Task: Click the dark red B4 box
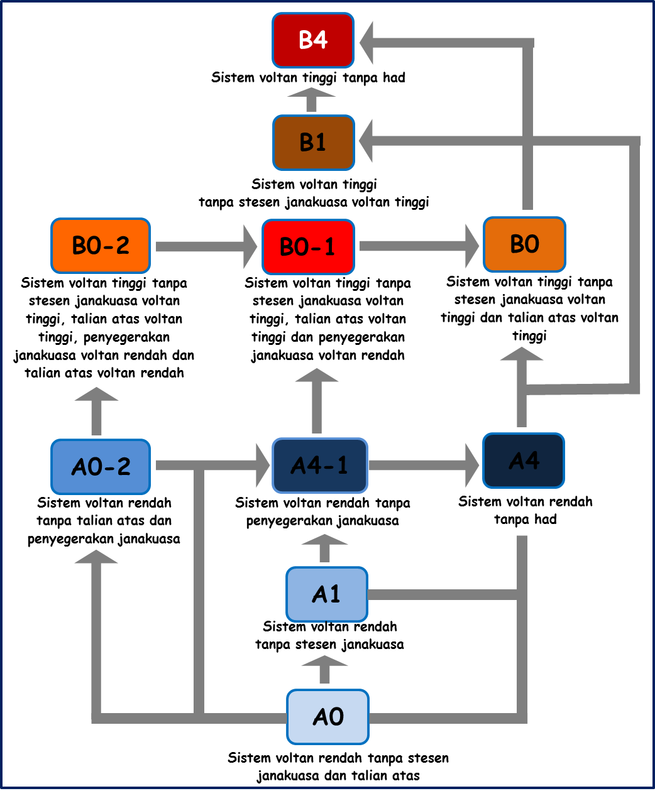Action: (x=313, y=40)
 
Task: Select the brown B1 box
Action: (x=313, y=143)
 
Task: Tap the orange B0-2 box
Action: (x=101, y=245)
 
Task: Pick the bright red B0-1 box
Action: (x=308, y=246)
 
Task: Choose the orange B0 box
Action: (x=524, y=244)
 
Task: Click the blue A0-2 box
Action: (x=101, y=466)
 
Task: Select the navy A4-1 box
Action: (x=319, y=465)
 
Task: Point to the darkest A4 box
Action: (x=524, y=461)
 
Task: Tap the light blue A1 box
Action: (x=326, y=594)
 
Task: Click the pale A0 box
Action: (x=327, y=716)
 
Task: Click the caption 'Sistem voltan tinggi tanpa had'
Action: (x=308, y=78)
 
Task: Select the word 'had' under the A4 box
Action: (x=546, y=520)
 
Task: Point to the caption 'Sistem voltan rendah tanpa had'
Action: (x=526, y=510)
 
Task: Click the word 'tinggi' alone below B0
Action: (x=529, y=336)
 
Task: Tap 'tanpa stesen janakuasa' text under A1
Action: (x=329, y=645)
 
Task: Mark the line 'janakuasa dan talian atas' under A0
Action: (x=338, y=776)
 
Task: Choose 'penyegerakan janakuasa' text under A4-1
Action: (x=322, y=521)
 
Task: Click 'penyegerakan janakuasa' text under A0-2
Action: (x=104, y=539)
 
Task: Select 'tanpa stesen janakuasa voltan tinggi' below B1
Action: (x=314, y=202)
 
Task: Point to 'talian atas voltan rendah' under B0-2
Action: (x=104, y=373)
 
